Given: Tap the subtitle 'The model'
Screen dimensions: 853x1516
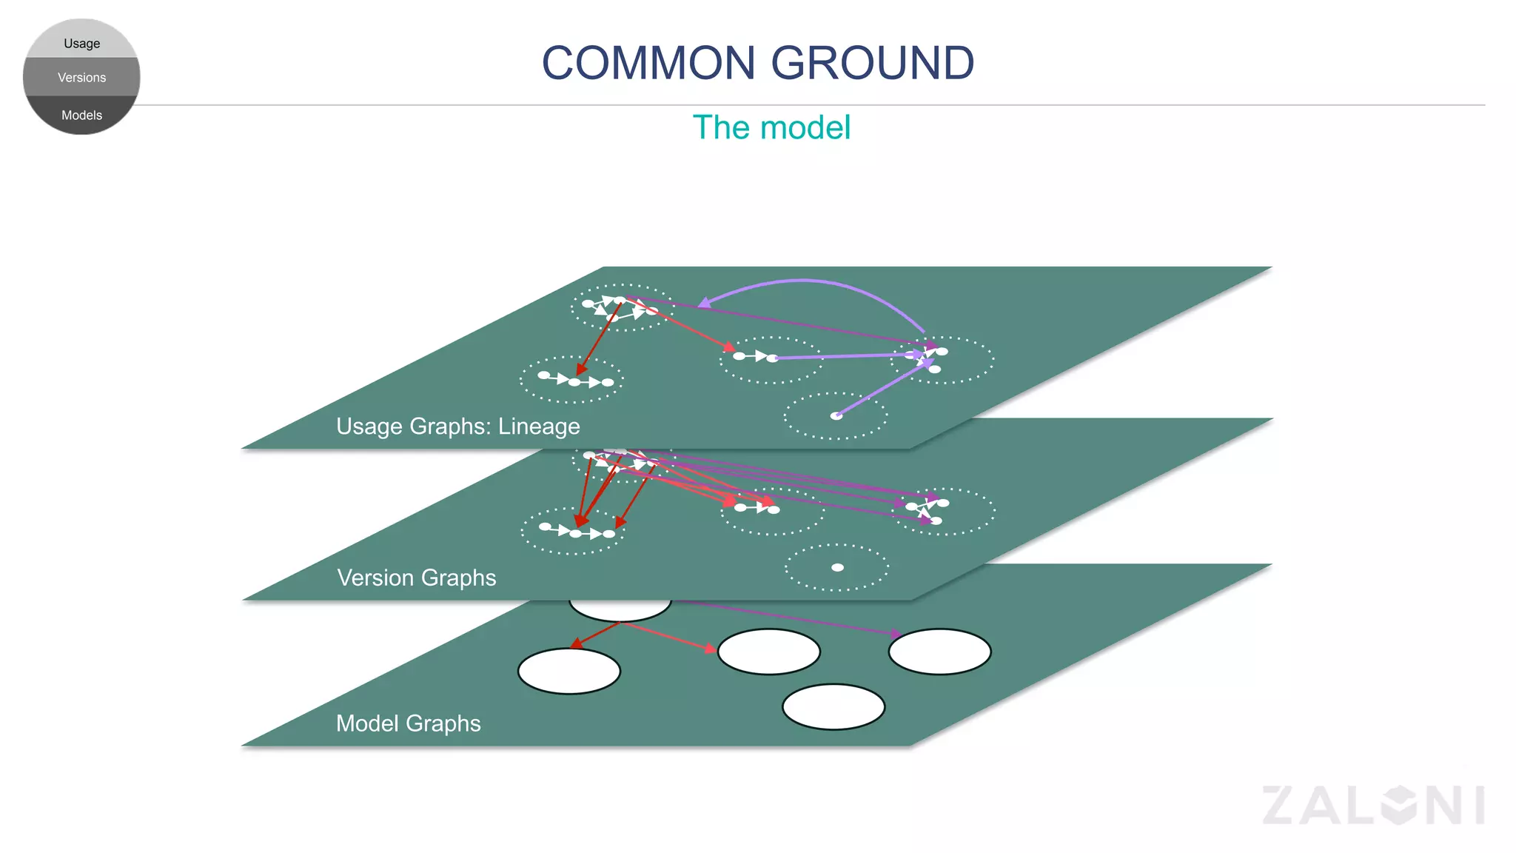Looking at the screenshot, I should point(771,127).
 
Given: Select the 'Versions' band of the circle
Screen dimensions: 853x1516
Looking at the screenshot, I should point(81,77).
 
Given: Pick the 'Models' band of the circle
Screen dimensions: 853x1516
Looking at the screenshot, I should point(81,115).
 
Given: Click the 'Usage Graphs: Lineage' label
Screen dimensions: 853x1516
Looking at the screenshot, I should point(457,426).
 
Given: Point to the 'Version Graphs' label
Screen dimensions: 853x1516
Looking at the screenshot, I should point(416,578).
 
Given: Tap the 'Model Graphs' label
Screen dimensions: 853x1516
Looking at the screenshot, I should point(408,723).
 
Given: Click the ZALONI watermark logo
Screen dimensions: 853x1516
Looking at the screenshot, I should point(1373,806).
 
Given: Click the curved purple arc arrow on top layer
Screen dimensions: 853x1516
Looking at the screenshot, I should point(807,281).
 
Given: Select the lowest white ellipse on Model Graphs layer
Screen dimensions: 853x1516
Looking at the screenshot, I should point(834,707).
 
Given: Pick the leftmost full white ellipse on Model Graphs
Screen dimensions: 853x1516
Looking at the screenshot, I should point(568,672).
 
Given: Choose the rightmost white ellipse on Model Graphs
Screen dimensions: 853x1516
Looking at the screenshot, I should point(939,652).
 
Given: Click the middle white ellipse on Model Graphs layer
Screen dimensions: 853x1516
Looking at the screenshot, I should point(769,652).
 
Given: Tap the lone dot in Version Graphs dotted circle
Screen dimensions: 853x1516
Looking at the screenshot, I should point(837,568).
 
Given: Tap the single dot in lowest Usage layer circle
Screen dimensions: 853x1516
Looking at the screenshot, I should point(836,416).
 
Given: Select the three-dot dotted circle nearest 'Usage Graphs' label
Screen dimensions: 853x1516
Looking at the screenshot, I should point(571,379).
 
